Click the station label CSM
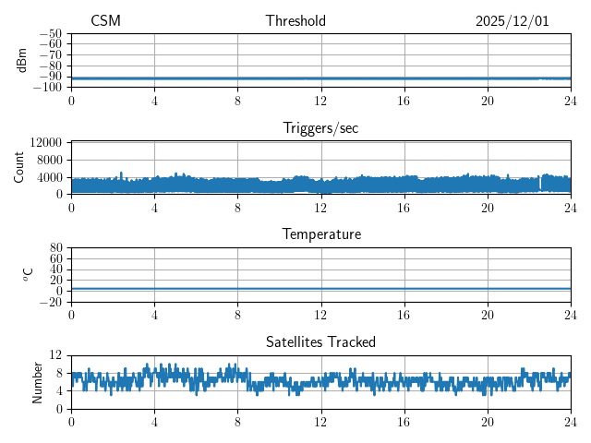[105, 21]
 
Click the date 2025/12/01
[513, 21]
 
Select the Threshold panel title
[295, 21]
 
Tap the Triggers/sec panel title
[320, 128]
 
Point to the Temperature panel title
[320, 235]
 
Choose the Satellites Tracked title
[320, 342]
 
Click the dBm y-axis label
[22, 60]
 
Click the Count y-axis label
[18, 167]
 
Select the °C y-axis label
[28, 274]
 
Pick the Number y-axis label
[38, 381]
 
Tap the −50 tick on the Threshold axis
[51, 33]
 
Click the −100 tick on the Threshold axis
[48, 88]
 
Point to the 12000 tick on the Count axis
[46, 143]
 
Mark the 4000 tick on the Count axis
[50, 177]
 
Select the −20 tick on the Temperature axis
[51, 302]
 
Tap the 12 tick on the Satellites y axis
[57, 355]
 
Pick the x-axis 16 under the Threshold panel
[404, 100]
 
